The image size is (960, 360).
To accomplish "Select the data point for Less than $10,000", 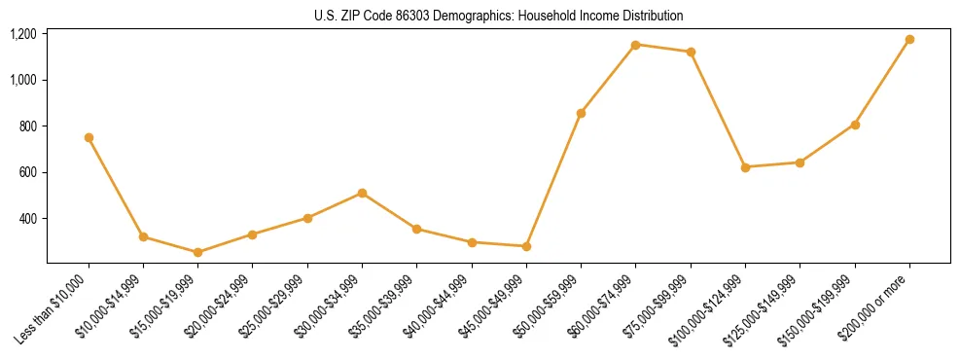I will point(89,137).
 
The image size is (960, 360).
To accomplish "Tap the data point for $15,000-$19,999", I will point(197,252).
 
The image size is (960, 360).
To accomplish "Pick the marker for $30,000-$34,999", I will point(362,193).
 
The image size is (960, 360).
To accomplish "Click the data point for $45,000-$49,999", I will point(526,246).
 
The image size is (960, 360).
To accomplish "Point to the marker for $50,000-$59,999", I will point(581,113).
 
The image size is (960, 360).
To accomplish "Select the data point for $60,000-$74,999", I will point(635,45).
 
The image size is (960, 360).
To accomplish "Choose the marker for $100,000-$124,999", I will point(745,167).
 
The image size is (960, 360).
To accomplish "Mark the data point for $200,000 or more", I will point(909,40).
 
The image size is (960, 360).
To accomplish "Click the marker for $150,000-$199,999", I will point(855,125).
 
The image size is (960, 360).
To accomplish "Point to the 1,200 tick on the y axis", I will point(23,34).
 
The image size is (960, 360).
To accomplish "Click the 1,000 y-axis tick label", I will point(23,80).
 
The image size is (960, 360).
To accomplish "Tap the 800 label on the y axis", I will point(28,126).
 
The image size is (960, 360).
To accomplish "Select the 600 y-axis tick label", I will point(28,172).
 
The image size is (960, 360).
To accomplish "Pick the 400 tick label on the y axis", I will point(28,219).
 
